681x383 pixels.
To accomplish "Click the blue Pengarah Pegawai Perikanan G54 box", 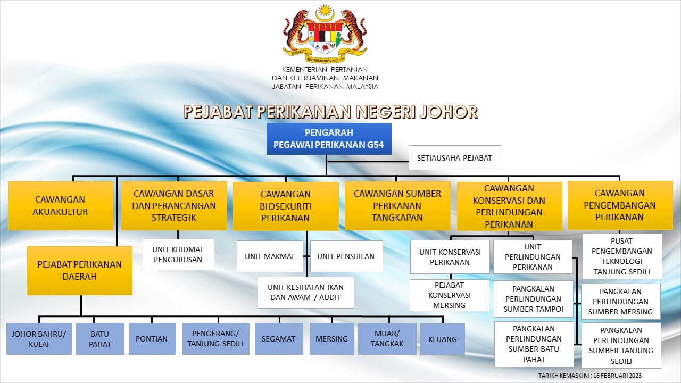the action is pos(329,139).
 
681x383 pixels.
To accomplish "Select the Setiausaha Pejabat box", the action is pos(454,158).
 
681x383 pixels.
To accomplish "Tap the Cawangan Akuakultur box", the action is pos(61,205).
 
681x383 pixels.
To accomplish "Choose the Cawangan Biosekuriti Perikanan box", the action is pos(286,206).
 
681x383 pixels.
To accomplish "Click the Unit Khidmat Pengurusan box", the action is pos(178,254).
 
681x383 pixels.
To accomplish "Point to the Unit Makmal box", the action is pos(270,256).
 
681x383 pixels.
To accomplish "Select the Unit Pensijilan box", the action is pos(346,256).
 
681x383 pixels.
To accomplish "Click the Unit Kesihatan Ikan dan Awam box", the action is pos(305,293).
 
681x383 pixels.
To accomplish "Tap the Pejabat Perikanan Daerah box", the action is pos(80,271).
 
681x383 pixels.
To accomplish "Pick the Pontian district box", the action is pos(152,339).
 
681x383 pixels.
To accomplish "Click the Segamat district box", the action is pos(279,339).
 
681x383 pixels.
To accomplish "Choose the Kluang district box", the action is pos(443,339).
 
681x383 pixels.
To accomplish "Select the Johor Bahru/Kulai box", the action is pos(39,339).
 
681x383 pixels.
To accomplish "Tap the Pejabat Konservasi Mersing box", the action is pos(450,295).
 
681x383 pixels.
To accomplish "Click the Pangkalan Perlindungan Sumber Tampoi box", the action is pos(534,299).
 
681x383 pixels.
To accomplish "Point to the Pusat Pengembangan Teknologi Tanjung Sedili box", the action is pos(622,256).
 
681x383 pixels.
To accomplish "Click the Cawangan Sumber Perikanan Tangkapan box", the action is pos(397,205).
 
